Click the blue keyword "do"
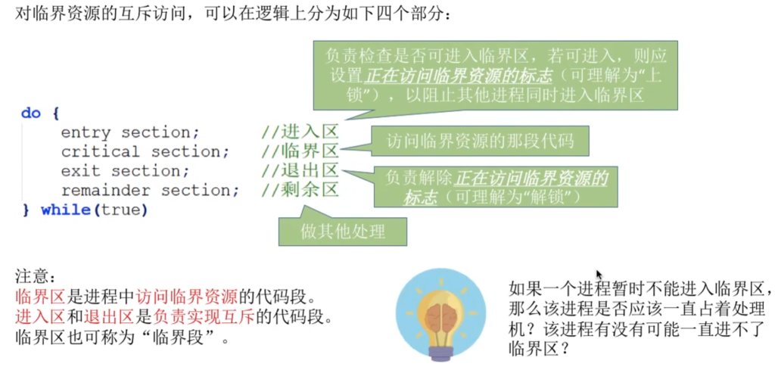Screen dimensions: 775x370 (30, 113)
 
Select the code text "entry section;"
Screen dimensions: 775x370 (130, 133)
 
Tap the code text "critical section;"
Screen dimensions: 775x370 (145, 152)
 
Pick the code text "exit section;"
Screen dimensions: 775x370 (125, 172)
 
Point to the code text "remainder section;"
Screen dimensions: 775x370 (151, 191)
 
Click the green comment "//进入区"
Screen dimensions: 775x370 (300, 132)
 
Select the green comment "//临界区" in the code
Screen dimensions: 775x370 (300, 151)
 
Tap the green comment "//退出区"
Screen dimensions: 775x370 (300, 171)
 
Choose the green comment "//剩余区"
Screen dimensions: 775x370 (300, 190)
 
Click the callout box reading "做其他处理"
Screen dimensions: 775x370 (343, 232)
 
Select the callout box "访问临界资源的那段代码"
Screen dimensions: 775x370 (479, 141)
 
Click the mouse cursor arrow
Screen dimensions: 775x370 (599, 275)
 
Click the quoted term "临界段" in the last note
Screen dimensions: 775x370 (183, 339)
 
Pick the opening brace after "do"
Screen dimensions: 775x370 (55, 113)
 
